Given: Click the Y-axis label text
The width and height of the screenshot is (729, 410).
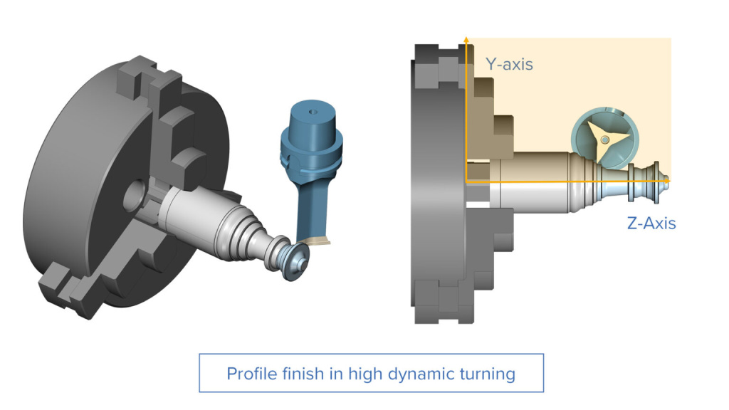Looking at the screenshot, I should pos(509,64).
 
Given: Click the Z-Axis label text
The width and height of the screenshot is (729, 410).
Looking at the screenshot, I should pos(651,223).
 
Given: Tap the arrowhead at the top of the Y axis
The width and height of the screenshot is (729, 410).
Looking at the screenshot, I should pos(466,38).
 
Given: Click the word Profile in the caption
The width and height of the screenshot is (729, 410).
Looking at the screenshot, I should pos(248,373).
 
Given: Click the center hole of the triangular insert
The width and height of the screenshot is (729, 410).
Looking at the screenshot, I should pos(604,140).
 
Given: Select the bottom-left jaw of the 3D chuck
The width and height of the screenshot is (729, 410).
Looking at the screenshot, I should pos(68,288).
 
